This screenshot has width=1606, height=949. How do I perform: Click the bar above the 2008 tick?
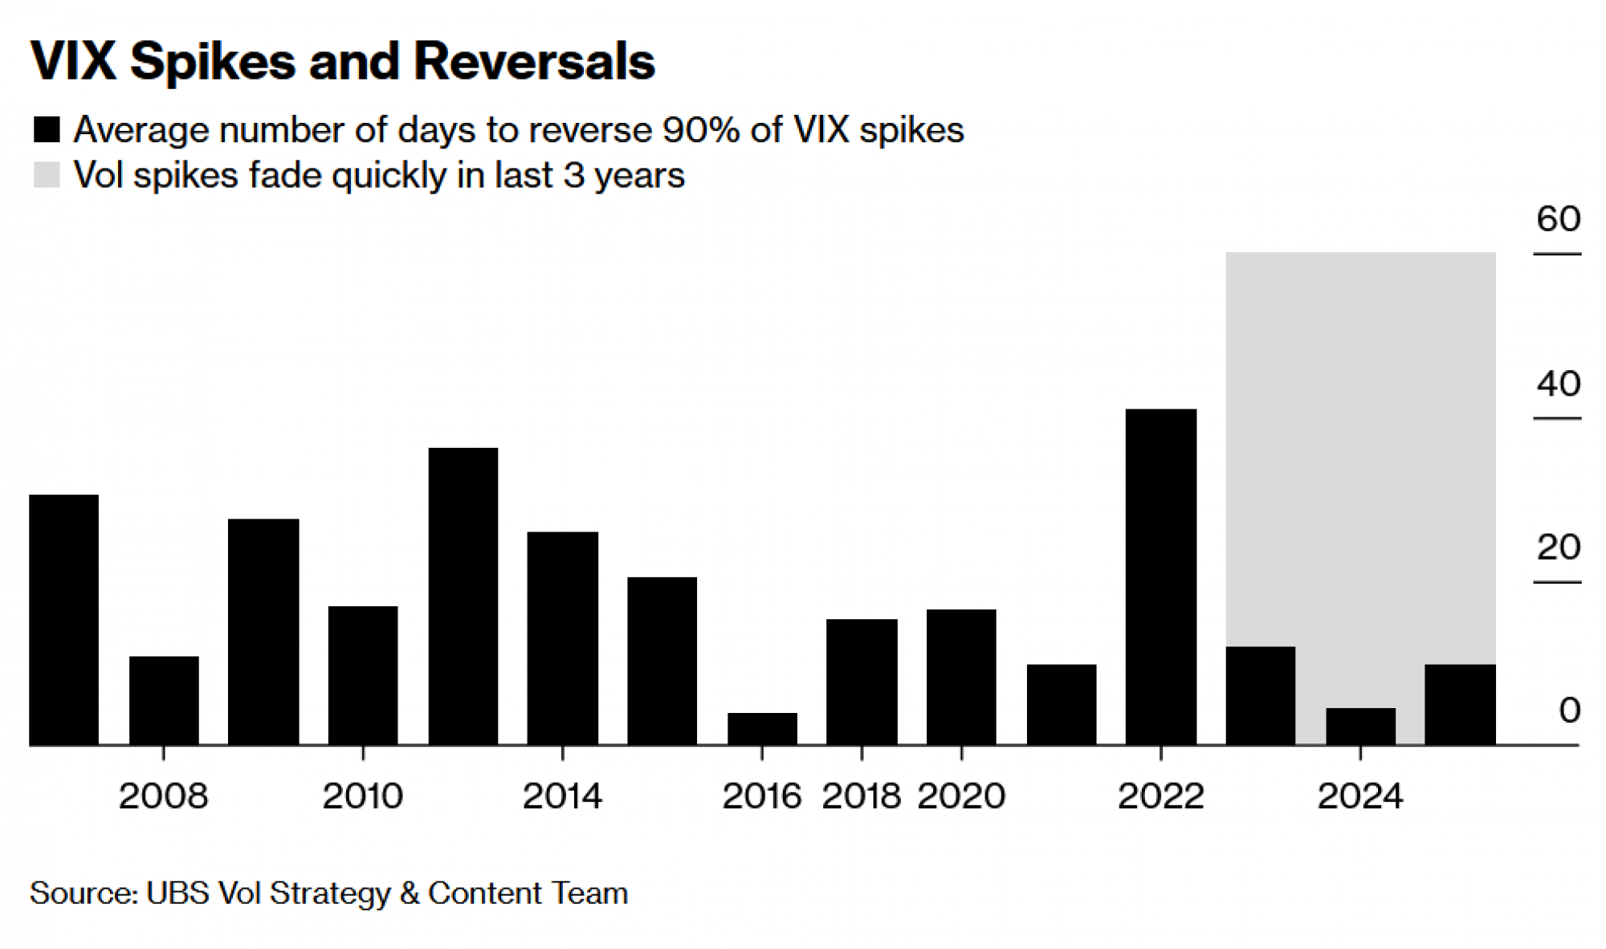(x=164, y=700)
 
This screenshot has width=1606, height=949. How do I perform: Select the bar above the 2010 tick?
(x=363, y=675)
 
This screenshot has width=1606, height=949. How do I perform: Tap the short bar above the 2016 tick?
(x=762, y=728)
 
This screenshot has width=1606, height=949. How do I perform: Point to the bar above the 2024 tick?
(x=1360, y=726)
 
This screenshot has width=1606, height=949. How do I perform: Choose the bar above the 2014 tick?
(x=562, y=638)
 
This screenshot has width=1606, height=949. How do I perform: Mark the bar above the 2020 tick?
(x=961, y=677)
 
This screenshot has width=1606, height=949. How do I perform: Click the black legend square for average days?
(x=47, y=130)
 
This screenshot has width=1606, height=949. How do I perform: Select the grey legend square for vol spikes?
(x=47, y=175)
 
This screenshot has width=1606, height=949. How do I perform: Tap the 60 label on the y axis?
(x=1558, y=218)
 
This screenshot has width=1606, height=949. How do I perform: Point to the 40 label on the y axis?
(x=1558, y=384)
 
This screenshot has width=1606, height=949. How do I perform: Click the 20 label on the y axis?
(x=1558, y=548)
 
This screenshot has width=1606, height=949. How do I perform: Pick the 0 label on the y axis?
(x=1569, y=711)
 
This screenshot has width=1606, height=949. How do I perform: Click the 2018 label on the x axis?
(x=861, y=796)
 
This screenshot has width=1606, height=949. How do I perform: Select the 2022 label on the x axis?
(x=1160, y=796)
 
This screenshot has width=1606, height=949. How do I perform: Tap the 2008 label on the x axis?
(x=164, y=796)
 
